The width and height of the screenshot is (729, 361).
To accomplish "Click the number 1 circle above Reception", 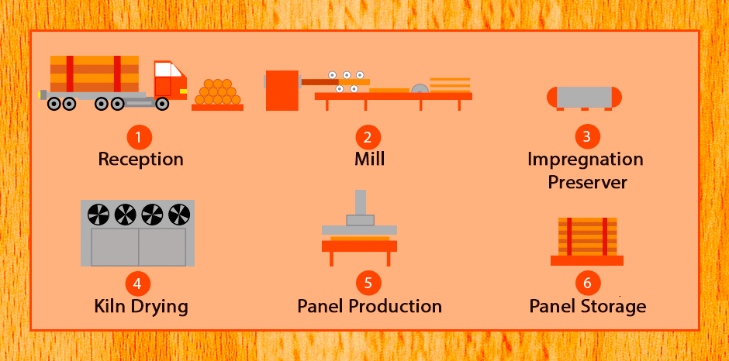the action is (x=140, y=137).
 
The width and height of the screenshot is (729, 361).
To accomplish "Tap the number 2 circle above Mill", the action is (x=368, y=137).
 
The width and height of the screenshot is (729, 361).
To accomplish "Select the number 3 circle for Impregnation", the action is (x=588, y=136).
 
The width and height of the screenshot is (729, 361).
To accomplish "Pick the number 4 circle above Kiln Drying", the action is (x=138, y=283).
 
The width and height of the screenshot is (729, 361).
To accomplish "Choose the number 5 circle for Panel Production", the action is (x=368, y=283).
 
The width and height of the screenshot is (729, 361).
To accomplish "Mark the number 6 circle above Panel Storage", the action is (x=588, y=283).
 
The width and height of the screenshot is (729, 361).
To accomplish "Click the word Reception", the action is (x=140, y=160).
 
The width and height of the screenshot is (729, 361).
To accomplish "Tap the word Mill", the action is (x=370, y=159).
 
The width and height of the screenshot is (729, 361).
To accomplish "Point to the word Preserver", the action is (x=587, y=182).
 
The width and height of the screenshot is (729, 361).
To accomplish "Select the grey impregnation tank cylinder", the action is (x=584, y=97).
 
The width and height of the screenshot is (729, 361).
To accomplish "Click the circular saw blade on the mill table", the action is (x=420, y=88).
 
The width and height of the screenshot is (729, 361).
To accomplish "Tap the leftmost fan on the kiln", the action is (x=98, y=215).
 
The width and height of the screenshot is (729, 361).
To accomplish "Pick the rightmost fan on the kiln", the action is (x=179, y=215).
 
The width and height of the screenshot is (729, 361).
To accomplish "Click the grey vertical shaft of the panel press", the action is (x=361, y=202).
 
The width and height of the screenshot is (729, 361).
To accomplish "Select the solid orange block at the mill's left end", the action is (x=282, y=91).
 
